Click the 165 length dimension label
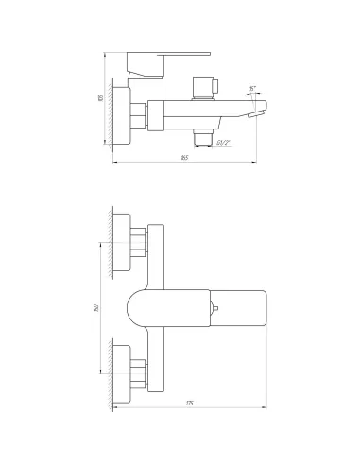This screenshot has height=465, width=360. click(x=184, y=157)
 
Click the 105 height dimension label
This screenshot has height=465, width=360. click(x=99, y=97)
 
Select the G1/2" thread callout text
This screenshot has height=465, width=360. click(x=223, y=142)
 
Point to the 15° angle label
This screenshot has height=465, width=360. click(x=252, y=88)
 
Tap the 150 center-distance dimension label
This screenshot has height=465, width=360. click(x=98, y=307)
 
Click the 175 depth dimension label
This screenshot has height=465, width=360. click(x=189, y=405)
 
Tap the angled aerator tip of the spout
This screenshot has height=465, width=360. click(x=253, y=113)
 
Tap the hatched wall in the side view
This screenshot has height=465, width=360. click(x=111, y=113)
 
